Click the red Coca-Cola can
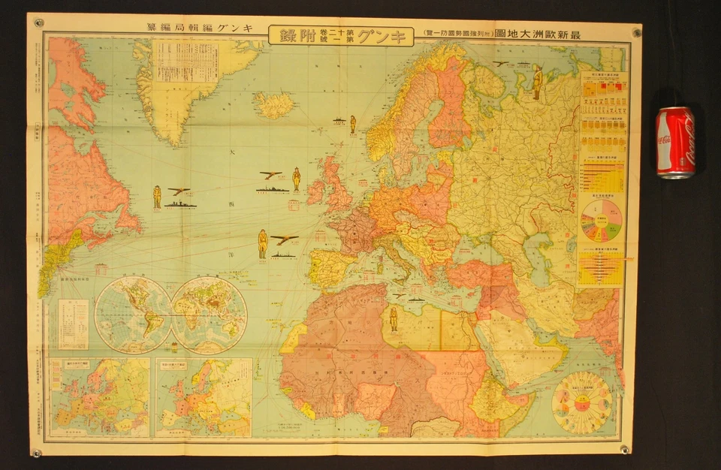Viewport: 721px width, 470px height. [x=674, y=142]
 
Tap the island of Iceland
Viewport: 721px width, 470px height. [x=273, y=105]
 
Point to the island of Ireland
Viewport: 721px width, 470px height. [x=315, y=191]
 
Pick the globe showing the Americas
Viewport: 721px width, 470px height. [x=132, y=315]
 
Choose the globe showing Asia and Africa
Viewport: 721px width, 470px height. [x=209, y=315]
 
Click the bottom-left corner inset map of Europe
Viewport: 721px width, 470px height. [x=100, y=397]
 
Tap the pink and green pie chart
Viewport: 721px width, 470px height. [x=601, y=220]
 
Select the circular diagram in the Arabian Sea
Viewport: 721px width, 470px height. [x=581, y=402]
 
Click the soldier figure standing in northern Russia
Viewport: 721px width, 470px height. [x=537, y=82]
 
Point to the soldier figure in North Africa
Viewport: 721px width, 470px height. [x=394, y=319]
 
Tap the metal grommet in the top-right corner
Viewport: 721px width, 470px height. [x=637, y=32]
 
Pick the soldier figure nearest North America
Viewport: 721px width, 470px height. [x=157, y=197]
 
